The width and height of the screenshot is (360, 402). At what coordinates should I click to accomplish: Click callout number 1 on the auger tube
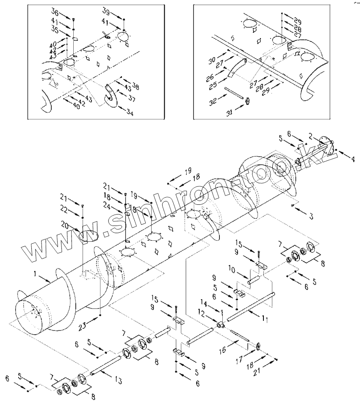[x=35, y=274]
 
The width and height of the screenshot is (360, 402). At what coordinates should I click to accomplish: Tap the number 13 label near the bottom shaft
[x=118, y=380]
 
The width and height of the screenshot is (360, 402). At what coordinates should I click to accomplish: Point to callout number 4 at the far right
[x=353, y=160]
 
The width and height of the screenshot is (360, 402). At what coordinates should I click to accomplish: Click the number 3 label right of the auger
[x=311, y=217]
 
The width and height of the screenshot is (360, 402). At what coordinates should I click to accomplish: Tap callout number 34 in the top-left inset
[x=130, y=112]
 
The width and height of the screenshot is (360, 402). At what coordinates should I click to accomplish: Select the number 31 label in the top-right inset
[x=229, y=112]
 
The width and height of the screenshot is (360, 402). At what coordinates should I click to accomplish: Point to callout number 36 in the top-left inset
[x=55, y=11]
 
